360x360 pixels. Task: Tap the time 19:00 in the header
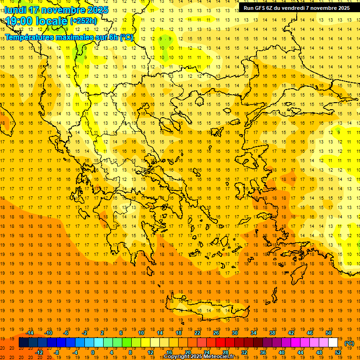tap(21, 21)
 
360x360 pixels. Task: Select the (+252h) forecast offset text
tap(83, 21)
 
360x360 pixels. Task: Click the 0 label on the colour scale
tap(93, 352)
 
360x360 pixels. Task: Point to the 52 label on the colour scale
tap(338, 352)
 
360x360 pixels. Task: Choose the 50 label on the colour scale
tap(329, 333)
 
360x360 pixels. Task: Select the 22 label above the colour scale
tap(197, 333)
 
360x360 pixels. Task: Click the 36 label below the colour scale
tap(263, 352)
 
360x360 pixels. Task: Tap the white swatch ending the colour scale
tap(333, 343)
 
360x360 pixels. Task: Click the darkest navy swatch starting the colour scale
tap(23, 343)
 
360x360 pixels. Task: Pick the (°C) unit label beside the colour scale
tap(349, 343)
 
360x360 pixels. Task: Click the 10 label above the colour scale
tap(141, 333)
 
